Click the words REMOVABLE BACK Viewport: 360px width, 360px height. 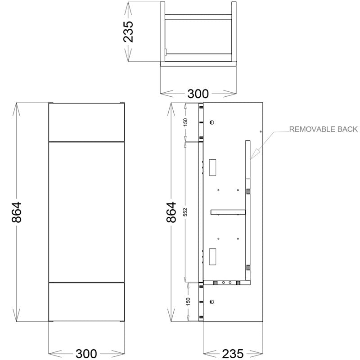323,130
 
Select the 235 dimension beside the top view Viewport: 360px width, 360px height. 129,31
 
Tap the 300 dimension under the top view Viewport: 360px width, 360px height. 198,94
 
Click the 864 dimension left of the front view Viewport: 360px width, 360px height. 17,211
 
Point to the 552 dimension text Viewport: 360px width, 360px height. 185,211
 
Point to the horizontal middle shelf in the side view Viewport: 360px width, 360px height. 228,211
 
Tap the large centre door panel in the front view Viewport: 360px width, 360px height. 85,211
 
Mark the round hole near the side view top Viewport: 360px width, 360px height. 213,122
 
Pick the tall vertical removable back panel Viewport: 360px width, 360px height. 247,207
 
